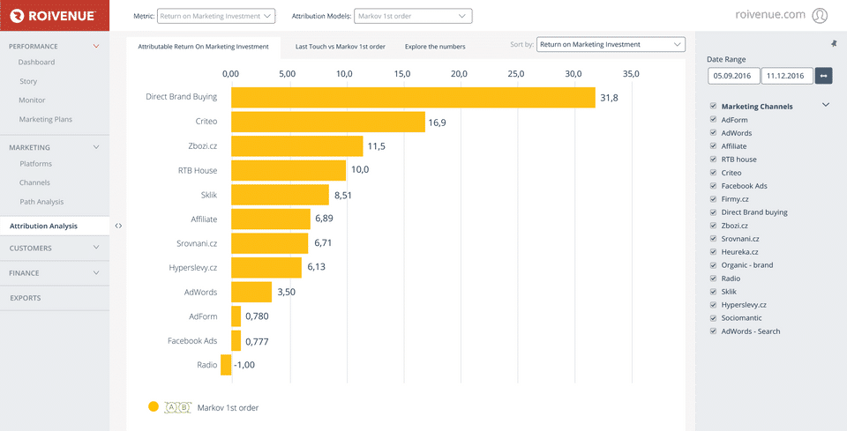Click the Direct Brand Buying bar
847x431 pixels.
pos(413,97)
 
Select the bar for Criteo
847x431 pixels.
pos(328,122)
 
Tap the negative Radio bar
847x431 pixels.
pos(226,365)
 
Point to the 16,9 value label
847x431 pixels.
pos(438,123)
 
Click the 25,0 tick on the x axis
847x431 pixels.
pos(516,74)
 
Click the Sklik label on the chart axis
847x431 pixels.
pos(209,195)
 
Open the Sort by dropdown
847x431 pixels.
pos(611,44)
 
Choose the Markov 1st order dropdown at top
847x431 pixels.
pos(413,16)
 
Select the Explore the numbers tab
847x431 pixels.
pos(435,47)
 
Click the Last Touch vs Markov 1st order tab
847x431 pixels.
pos(341,47)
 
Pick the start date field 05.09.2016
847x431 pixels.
pos(733,76)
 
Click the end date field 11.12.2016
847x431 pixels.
pos(786,76)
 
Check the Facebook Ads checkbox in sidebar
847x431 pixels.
pos(713,186)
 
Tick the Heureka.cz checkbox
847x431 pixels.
pos(713,252)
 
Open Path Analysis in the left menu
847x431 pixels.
pos(41,202)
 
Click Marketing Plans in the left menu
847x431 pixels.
pos(46,119)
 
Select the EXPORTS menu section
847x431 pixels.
pos(25,298)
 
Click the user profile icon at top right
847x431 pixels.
pos(820,15)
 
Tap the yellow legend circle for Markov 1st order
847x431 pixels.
pos(154,407)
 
